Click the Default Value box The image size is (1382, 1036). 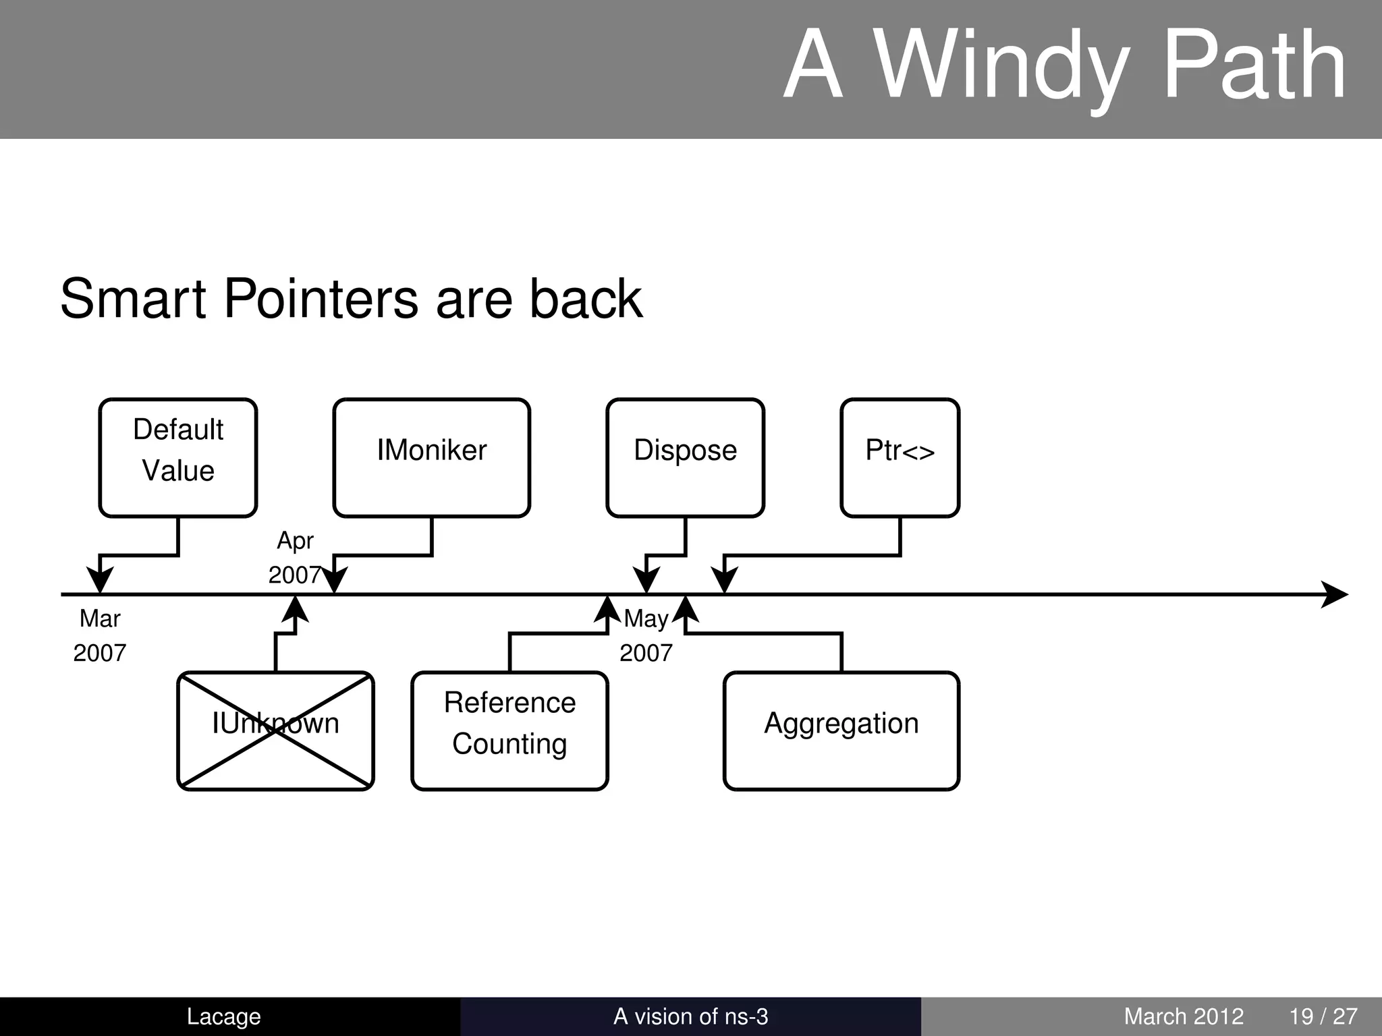178,457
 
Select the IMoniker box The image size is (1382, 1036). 431,457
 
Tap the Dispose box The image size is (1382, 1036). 685,457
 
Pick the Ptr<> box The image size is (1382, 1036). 900,457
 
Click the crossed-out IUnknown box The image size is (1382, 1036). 275,730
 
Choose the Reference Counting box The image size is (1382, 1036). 509,730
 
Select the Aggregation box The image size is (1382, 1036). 841,730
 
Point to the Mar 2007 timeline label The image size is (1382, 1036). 100,635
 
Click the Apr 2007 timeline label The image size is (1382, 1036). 295,557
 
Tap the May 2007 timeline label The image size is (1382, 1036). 646,635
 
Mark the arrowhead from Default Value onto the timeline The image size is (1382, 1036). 100,580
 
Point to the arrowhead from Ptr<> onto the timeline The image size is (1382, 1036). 724,580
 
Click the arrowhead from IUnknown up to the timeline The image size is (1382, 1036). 295,609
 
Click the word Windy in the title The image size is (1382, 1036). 1001,67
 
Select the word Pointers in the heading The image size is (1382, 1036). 321,299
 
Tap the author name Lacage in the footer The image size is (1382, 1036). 223,1016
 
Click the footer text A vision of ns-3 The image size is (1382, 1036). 690,1016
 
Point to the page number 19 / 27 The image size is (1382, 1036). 1323,1016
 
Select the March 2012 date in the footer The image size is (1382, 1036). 1184,1016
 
